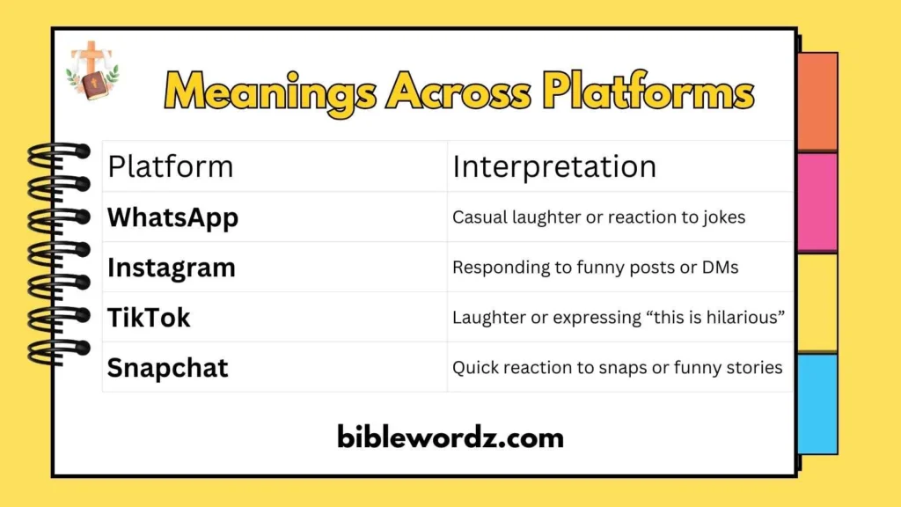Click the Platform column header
click(x=171, y=166)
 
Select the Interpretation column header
click(x=554, y=166)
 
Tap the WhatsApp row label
click(x=172, y=217)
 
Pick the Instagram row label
click(x=172, y=268)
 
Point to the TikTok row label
click(x=149, y=317)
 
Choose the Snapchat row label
click(x=167, y=367)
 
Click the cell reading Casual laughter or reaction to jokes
click(x=598, y=217)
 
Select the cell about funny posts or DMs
click(x=595, y=268)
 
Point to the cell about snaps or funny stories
click(x=617, y=367)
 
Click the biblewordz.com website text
click(x=450, y=437)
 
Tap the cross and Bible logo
click(x=92, y=70)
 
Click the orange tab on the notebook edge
click(x=817, y=101)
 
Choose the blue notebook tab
click(x=817, y=404)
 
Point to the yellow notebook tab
click(x=817, y=303)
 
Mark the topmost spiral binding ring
click(x=58, y=152)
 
